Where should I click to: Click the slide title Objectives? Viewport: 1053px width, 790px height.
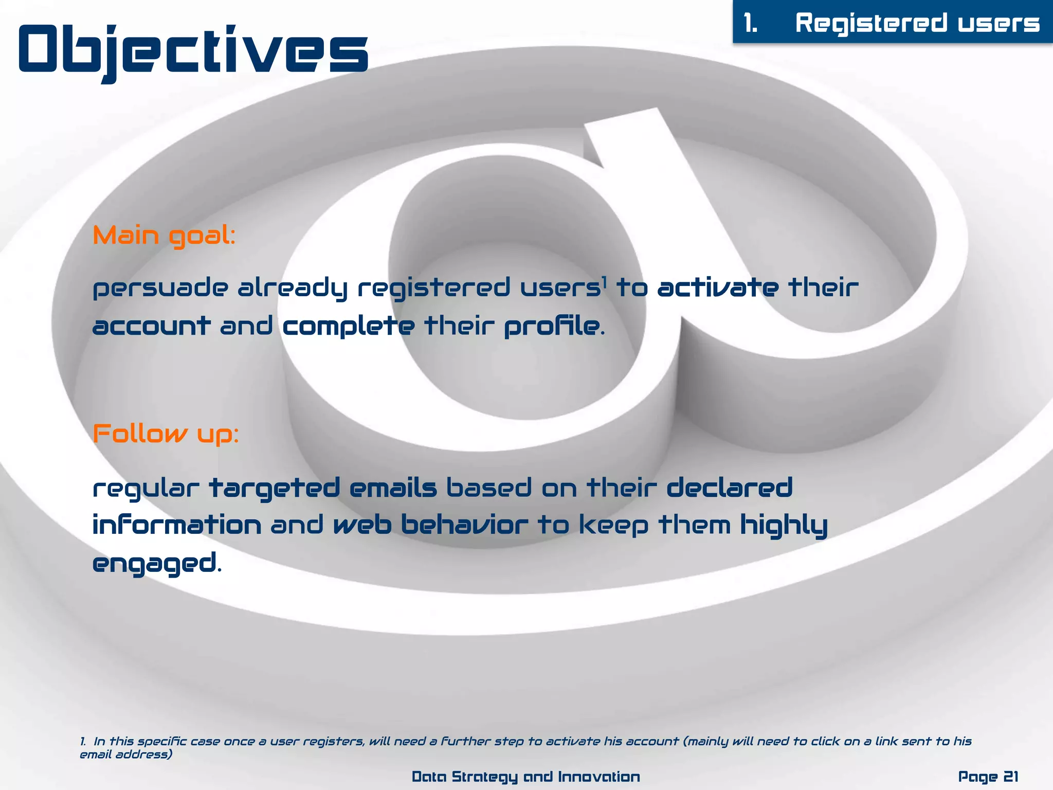(x=193, y=50)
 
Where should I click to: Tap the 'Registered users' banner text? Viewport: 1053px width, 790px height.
(x=917, y=23)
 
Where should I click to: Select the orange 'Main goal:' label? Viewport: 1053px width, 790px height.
(x=164, y=236)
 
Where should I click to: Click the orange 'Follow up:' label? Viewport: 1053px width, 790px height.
(x=166, y=434)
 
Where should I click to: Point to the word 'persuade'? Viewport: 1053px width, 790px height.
(x=160, y=288)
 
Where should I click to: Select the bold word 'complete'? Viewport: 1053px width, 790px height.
(x=349, y=327)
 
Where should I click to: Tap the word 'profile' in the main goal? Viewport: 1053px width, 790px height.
(x=551, y=327)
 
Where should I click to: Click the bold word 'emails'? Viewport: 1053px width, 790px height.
(x=393, y=488)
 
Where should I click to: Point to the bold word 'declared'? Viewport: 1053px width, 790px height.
(x=730, y=488)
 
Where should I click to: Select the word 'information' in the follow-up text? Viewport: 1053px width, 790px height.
(x=177, y=525)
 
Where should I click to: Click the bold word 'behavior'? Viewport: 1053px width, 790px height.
(x=464, y=525)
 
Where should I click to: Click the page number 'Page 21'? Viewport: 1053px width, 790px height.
(x=988, y=776)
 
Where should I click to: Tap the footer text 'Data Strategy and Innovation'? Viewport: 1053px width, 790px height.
(x=526, y=776)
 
